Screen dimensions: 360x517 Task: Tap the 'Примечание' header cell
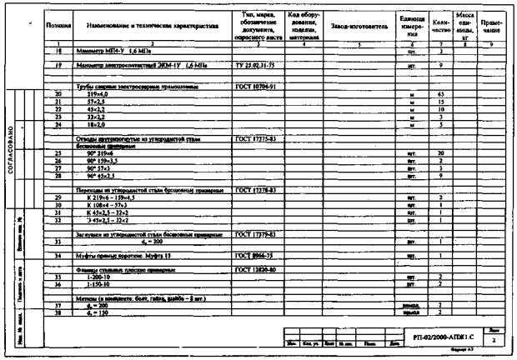click(x=491, y=26)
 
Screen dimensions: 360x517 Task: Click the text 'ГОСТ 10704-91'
click(x=254, y=86)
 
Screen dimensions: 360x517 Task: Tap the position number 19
click(x=58, y=65)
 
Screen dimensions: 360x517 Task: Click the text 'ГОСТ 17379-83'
click(x=255, y=233)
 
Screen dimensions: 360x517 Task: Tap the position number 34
click(x=58, y=256)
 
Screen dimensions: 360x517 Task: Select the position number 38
click(x=58, y=312)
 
